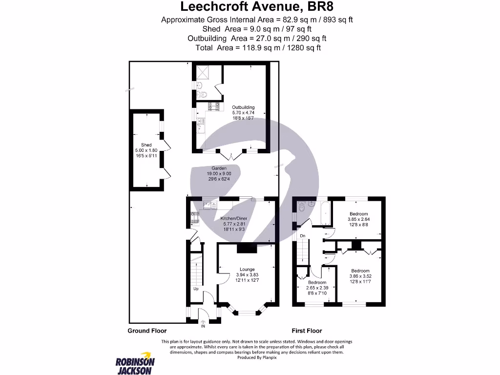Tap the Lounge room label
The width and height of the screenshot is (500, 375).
[247, 269]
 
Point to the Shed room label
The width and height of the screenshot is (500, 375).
[146, 145]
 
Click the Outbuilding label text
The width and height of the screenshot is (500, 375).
[243, 107]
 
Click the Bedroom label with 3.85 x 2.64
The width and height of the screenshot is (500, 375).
[359, 214]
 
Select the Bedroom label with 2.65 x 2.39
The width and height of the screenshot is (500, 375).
[317, 282]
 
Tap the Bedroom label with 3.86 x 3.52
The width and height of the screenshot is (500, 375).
[360, 271]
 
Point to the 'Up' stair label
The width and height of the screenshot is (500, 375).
[196, 289]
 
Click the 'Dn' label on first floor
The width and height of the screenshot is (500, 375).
[303, 236]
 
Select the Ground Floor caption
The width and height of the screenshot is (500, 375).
[147, 331]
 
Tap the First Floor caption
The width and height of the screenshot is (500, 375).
[307, 331]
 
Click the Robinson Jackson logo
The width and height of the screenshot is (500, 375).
[135, 363]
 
